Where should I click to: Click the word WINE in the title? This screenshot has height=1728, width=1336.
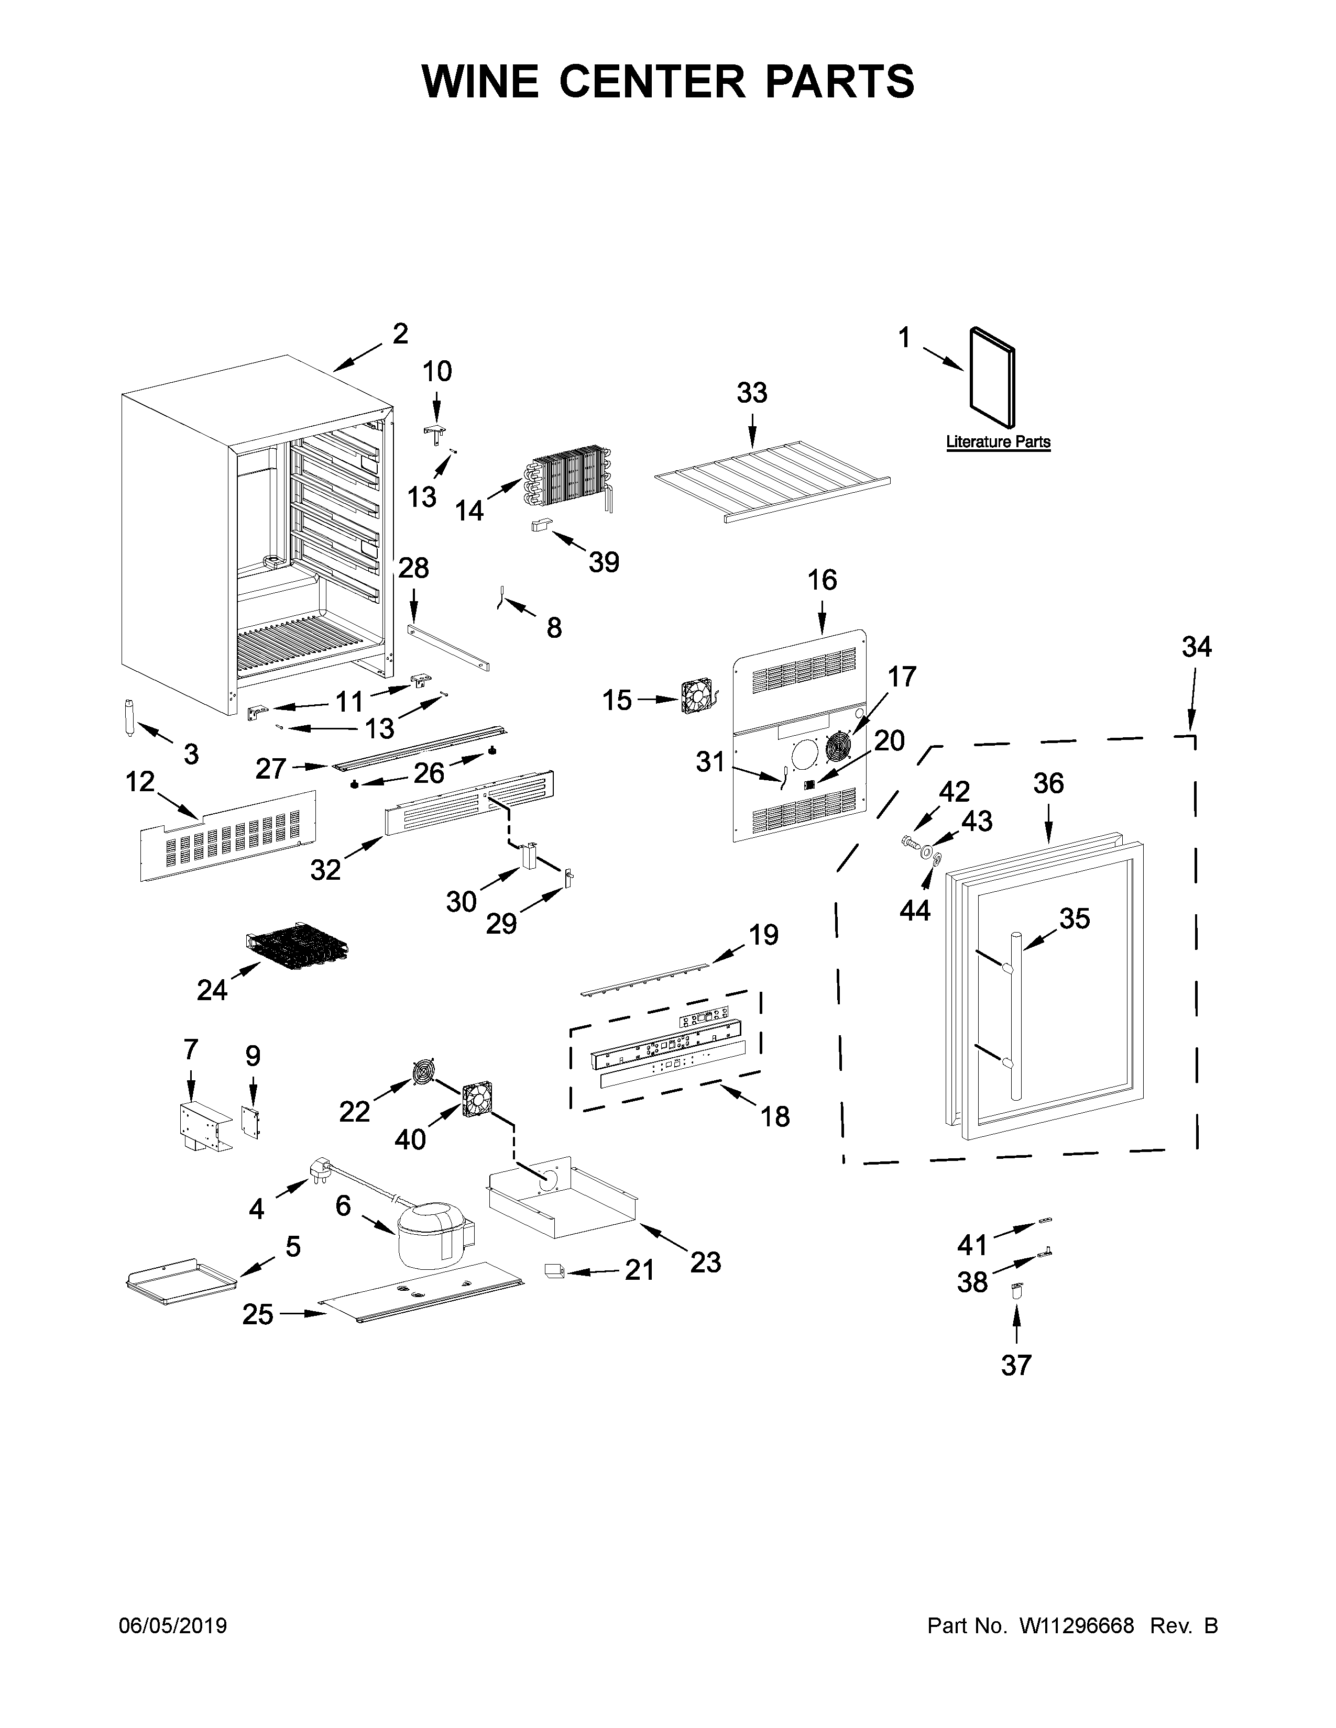(480, 82)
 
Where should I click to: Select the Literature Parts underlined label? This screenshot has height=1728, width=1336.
(998, 441)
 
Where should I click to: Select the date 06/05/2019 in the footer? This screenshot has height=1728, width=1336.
(172, 1626)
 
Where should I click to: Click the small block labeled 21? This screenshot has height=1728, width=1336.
(553, 1271)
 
